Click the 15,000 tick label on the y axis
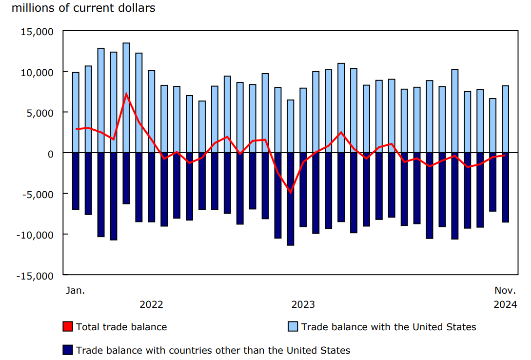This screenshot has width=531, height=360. (x=37, y=32)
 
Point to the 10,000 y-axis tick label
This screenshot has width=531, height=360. (x=37, y=72)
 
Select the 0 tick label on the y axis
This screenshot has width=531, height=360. (x=51, y=154)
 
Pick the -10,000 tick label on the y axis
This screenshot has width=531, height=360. (x=35, y=235)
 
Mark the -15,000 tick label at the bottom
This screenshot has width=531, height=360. (x=35, y=276)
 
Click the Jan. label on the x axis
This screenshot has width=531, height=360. (x=75, y=291)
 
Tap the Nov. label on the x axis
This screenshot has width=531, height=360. (x=505, y=291)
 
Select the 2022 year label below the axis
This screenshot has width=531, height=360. (x=151, y=305)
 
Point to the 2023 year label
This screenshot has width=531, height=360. (x=303, y=305)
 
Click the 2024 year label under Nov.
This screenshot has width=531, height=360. (x=505, y=305)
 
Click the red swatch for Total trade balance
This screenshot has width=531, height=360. (x=68, y=327)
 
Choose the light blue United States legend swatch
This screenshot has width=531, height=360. (x=293, y=327)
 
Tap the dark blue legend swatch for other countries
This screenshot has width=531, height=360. (x=68, y=350)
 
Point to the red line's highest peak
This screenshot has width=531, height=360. (x=126, y=94)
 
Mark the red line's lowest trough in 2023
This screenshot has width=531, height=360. (x=291, y=193)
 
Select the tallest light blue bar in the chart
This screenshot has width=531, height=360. (x=126, y=98)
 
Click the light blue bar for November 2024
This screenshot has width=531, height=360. (x=506, y=120)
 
